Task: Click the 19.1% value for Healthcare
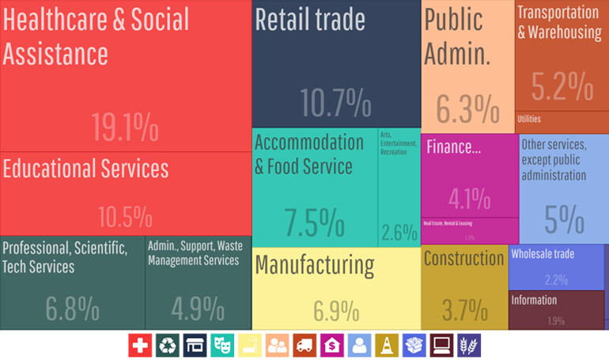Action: click(x=125, y=127)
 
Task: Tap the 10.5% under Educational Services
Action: click(x=125, y=216)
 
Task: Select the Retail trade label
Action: click(x=310, y=20)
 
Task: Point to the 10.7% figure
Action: click(x=335, y=104)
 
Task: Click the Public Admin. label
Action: click(x=458, y=37)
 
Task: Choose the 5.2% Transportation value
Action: click(x=562, y=86)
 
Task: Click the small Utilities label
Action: click(x=530, y=119)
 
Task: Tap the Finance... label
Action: click(x=454, y=146)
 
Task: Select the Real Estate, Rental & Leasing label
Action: click(x=447, y=224)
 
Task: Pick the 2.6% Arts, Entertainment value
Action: click(x=399, y=233)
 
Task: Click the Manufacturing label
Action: click(x=315, y=265)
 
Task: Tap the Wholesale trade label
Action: click(x=543, y=254)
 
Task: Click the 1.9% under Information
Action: click(x=555, y=320)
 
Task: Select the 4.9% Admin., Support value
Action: click(x=197, y=309)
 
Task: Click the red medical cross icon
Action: click(x=140, y=345)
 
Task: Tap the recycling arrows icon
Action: click(x=168, y=345)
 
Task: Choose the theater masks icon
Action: click(x=222, y=345)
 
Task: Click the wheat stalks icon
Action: click(x=468, y=345)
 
